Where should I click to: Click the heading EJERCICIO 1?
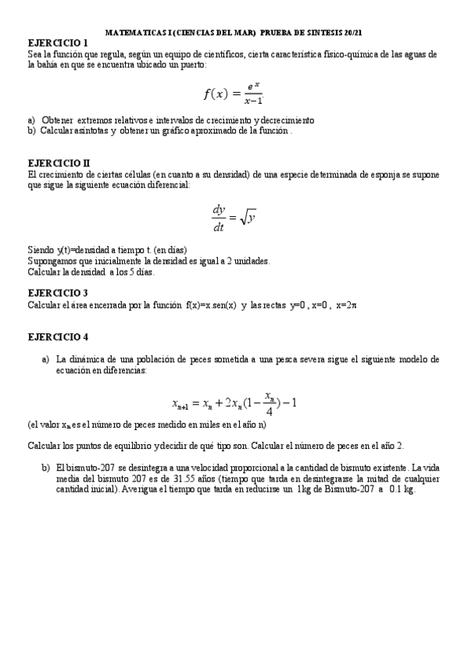59,42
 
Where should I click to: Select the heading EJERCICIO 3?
59,292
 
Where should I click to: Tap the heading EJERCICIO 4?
59,336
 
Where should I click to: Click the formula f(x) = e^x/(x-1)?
233,93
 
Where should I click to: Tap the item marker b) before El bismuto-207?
45,468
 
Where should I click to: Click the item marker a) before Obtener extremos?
31,120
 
